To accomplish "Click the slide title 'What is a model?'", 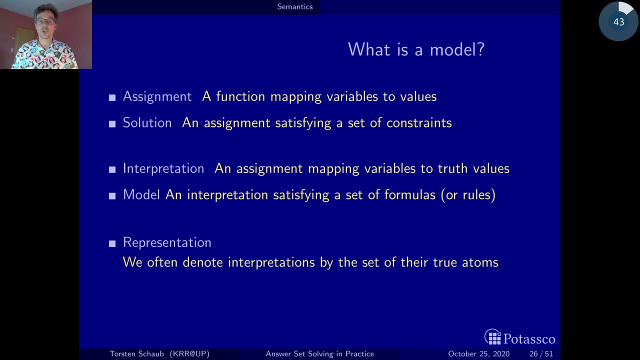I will [x=416, y=49].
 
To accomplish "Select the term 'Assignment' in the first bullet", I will [x=157, y=96].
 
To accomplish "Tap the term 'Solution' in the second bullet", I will [x=147, y=123].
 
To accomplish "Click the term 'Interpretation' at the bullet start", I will [x=163, y=168].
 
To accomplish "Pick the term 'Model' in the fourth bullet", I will [x=141, y=195].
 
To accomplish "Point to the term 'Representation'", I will [x=167, y=242].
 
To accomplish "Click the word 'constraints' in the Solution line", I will [x=419, y=123].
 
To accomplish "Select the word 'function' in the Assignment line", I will [x=240, y=96].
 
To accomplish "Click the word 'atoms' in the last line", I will [x=480, y=262].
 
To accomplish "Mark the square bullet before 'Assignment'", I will [x=112, y=97].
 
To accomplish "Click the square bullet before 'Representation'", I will [x=112, y=243].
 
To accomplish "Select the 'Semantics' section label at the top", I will [x=295, y=6].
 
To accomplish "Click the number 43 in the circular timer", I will [x=618, y=22].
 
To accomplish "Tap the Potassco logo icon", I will [x=493, y=337].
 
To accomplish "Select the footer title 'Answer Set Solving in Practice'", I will [x=319, y=353].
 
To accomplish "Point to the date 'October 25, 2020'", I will [x=478, y=353].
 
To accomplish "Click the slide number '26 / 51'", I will [x=541, y=353].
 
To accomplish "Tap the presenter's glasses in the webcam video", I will [x=45, y=21].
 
